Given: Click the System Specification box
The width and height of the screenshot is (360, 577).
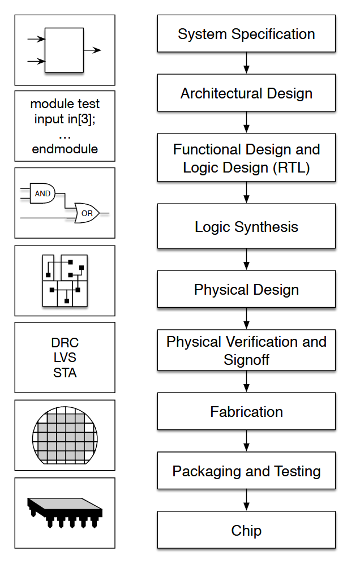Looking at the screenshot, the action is [246, 33].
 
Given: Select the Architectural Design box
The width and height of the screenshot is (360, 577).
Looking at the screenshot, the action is [246, 93].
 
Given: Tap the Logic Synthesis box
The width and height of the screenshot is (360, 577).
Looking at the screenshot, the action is [246, 226].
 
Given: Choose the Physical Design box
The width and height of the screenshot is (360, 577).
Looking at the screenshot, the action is [246, 289].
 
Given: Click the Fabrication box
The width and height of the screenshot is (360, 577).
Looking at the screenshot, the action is [246, 411].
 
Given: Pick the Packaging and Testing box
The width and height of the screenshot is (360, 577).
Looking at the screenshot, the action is [246, 470].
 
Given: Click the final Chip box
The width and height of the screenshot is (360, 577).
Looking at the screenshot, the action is [246, 530].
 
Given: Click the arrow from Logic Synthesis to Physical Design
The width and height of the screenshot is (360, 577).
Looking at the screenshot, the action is [246, 260].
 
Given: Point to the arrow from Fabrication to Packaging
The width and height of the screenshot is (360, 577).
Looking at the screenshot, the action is [246, 441].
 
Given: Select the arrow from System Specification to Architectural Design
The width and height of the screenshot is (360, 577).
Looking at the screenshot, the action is [246, 63].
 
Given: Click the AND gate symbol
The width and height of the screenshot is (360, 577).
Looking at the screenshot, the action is [42, 193].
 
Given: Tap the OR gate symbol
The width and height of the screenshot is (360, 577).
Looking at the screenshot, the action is [87, 213].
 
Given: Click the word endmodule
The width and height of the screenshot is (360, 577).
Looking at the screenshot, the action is [65, 149].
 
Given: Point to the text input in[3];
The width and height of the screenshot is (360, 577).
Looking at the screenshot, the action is [65, 119].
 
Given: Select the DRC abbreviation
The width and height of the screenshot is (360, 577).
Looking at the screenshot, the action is [65, 343].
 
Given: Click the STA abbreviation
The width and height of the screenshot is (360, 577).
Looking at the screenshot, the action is [65, 373].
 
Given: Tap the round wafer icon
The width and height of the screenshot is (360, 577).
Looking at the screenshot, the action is [65, 435].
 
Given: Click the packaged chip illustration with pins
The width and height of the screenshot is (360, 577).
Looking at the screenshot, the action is [65, 513].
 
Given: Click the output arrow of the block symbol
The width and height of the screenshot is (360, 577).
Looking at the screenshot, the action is [92, 50].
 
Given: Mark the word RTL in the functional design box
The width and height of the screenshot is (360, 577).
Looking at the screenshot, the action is [291, 168].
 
